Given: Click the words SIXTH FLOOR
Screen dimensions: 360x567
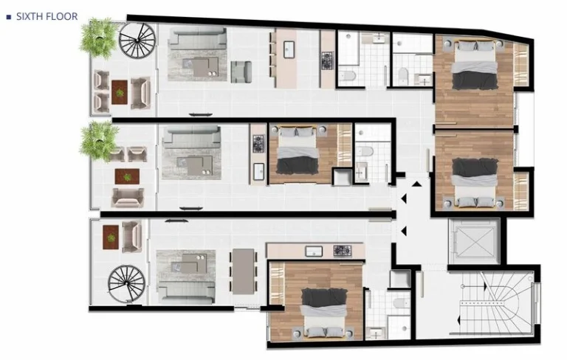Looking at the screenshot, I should click(46, 16).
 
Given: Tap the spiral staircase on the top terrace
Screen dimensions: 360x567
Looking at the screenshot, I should click(138, 41).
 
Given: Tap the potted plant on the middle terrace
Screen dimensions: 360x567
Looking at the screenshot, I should click(99, 139).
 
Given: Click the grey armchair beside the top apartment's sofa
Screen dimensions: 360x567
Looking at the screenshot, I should click(241, 71).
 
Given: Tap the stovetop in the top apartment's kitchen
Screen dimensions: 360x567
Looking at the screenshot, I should click(327, 60).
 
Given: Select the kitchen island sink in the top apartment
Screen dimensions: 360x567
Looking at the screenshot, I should click(289, 51).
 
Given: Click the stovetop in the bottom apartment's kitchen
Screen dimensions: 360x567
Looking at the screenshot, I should click(343, 251).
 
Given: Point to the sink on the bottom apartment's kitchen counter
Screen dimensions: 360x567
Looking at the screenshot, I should click(310, 250).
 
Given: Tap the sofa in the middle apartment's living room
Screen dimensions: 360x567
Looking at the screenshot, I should click(191, 137).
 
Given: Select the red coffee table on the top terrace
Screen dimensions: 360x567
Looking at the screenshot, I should click(120, 92).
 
